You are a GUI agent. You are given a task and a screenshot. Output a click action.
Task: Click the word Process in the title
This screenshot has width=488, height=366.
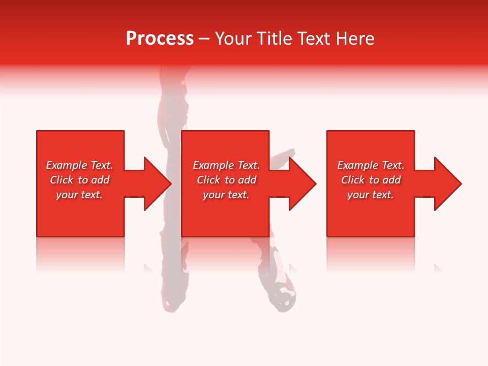point(160,39)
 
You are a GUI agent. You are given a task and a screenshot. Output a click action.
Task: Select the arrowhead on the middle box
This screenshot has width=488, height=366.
point(302,184)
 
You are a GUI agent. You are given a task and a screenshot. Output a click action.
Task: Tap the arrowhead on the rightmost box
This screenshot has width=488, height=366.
point(447,184)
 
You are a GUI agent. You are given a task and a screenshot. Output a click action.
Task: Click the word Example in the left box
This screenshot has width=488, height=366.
point(67,165)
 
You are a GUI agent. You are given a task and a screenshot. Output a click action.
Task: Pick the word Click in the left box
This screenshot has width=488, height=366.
point(62,180)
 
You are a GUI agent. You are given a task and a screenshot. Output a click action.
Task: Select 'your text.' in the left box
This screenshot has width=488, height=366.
point(79,195)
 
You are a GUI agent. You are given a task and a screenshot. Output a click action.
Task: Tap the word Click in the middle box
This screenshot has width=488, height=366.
point(208,180)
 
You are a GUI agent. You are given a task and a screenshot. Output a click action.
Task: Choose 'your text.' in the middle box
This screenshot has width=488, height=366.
point(226,195)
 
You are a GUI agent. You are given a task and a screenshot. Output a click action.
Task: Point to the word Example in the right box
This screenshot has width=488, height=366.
point(358,165)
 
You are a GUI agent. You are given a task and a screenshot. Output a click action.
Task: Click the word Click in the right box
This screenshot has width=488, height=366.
point(353,180)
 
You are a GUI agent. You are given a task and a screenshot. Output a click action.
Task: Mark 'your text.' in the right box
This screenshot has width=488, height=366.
point(371,195)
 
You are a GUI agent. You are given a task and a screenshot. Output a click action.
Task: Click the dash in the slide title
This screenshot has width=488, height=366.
point(204,39)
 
